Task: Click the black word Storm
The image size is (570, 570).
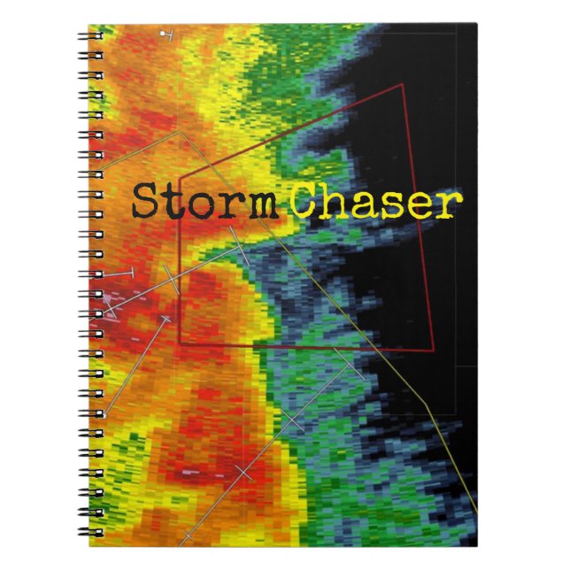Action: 203,202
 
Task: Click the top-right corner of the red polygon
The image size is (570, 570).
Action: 403,85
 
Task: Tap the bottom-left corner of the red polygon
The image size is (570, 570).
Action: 180,343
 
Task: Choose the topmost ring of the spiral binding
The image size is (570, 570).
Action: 92,36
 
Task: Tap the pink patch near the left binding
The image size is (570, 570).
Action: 110,301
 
